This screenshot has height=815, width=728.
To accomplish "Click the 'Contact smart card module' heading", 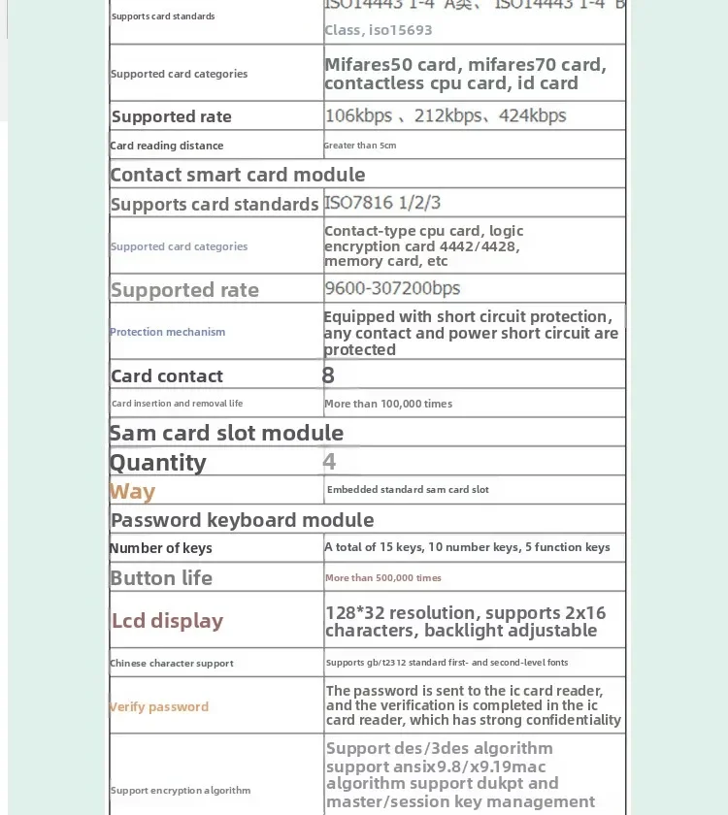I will [x=238, y=175].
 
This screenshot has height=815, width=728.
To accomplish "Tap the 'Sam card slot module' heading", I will [x=226, y=433].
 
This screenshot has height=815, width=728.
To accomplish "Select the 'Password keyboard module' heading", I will [x=243, y=520].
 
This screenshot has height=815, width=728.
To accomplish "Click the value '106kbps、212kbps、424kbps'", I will [x=446, y=116].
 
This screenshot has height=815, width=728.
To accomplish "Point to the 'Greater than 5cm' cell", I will [x=360, y=146].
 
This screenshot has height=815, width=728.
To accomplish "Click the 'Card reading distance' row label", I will [x=167, y=146].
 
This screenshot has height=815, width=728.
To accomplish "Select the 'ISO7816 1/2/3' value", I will [x=382, y=203].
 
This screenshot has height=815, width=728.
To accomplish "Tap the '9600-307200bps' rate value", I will [x=392, y=288].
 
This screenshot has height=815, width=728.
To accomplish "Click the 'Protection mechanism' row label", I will [x=167, y=332].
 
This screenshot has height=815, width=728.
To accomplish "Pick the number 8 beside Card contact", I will [x=328, y=375].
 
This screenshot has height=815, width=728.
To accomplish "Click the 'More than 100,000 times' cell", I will [x=388, y=404].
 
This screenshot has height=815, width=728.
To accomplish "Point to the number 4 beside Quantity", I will [x=329, y=462].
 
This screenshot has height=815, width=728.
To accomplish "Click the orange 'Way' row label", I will [x=133, y=491].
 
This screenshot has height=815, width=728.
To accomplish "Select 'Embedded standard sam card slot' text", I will [x=408, y=490].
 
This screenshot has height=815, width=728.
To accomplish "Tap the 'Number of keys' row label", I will [x=160, y=548].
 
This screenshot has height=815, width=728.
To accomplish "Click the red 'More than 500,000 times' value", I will [x=383, y=578].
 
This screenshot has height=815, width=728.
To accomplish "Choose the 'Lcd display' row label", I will [x=167, y=621].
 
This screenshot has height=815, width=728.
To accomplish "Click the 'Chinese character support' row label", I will [x=172, y=664].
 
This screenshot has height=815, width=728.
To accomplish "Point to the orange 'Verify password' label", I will [x=159, y=707].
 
